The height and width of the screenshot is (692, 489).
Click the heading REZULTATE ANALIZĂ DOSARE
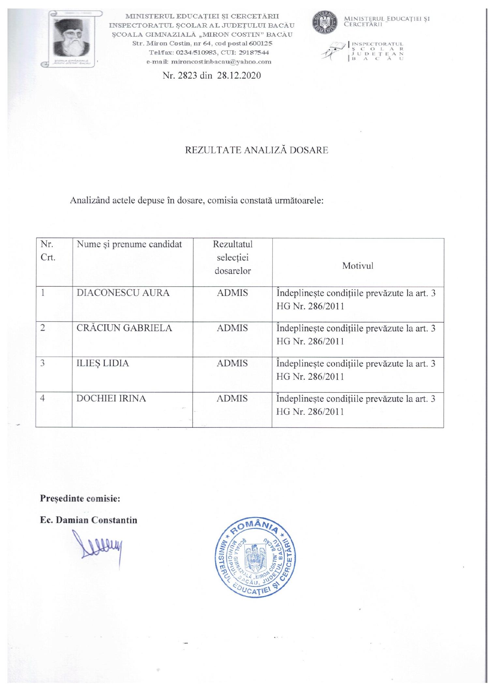point(257,150)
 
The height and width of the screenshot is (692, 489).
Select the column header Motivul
point(358,266)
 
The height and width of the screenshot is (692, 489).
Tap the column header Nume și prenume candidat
point(129,244)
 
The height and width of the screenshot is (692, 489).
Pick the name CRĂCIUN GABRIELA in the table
point(124,328)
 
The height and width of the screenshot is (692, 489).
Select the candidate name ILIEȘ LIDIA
point(103,363)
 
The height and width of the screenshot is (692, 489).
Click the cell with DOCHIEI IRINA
point(111,398)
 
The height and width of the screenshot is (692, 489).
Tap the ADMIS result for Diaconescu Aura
point(232,293)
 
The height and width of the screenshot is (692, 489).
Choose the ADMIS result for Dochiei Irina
point(232,398)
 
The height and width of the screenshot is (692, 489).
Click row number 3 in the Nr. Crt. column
point(43,363)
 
